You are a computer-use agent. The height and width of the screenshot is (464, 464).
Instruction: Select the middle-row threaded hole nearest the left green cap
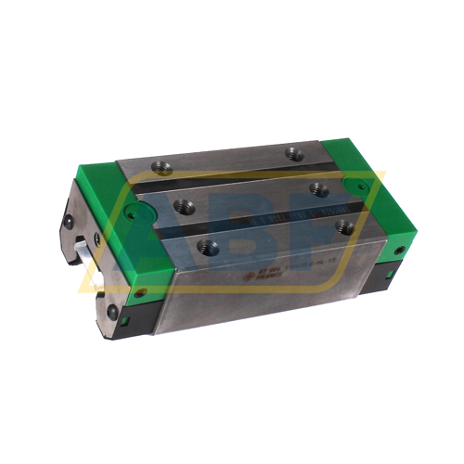pyautogui.click(x=187, y=207)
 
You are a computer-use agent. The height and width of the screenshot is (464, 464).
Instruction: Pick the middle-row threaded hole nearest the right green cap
pyautogui.click(x=320, y=189)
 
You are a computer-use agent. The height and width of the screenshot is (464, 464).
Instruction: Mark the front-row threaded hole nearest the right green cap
pyautogui.click(x=346, y=226)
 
